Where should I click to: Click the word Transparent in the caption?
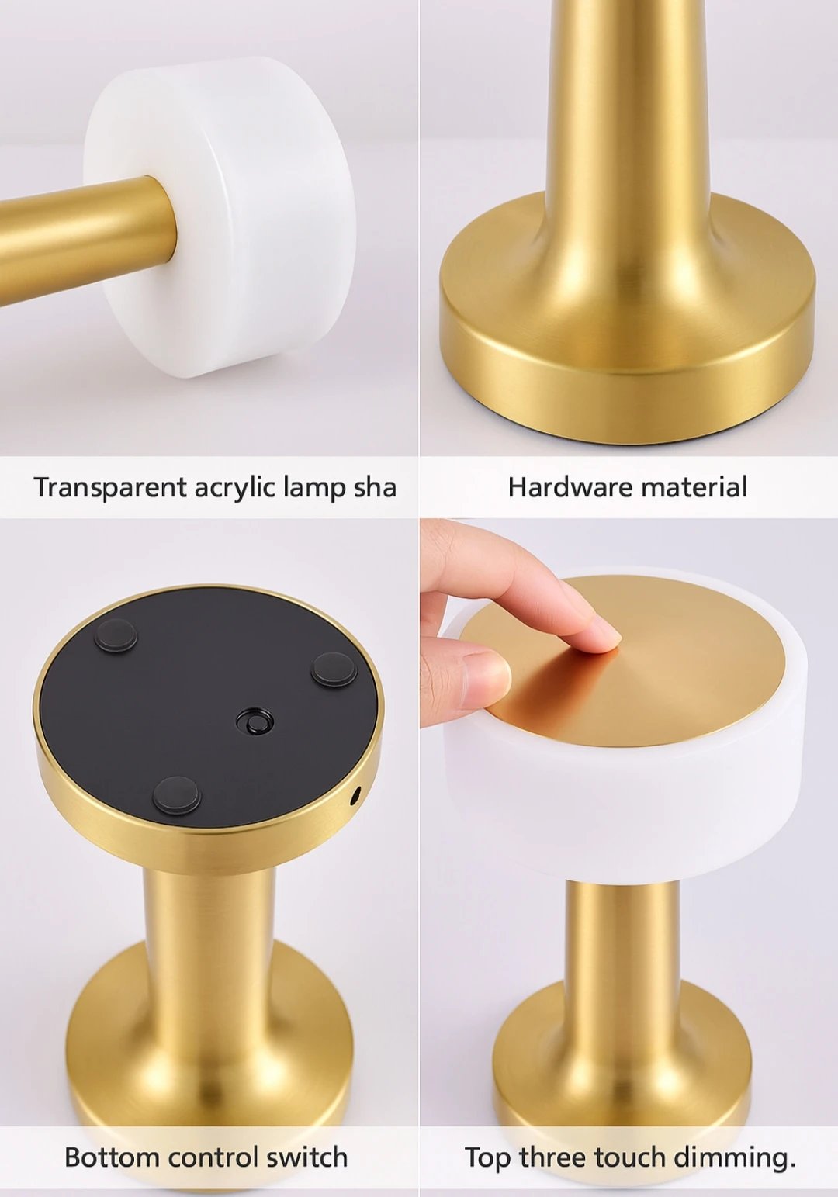pos(111,487)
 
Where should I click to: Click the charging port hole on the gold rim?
pos(355,796)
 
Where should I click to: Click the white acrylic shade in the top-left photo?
pos(224,214)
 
